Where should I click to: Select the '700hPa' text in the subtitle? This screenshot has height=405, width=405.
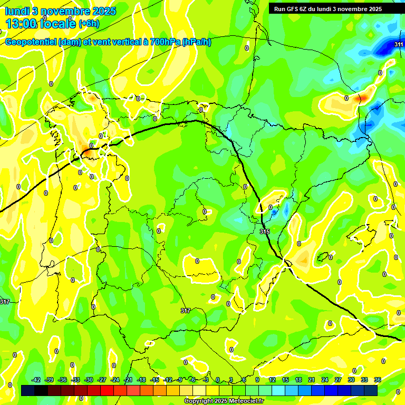point(162,42)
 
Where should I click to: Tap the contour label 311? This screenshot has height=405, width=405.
point(399,44)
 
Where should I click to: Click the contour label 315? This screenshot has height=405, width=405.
point(265,232)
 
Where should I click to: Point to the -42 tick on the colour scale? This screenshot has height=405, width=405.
point(36,380)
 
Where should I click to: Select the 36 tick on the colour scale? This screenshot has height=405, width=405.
point(377,380)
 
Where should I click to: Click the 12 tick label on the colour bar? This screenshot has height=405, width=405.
point(272,380)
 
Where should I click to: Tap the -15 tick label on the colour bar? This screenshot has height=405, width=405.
point(155,380)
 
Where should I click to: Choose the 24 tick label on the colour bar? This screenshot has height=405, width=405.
point(324,380)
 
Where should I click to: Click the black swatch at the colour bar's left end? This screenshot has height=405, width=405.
point(28,390)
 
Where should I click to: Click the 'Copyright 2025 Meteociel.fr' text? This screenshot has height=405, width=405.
point(223,401)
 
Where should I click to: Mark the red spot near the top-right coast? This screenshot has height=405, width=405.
point(362,98)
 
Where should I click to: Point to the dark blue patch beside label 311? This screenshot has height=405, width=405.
point(383,49)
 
